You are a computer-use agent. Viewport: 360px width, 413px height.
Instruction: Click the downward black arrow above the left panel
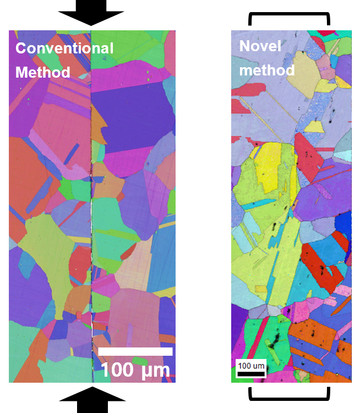(x=92, y=13)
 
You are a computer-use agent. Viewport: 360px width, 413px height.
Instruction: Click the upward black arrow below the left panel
(x=92, y=399)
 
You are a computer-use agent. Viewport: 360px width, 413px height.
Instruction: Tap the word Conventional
(x=64, y=48)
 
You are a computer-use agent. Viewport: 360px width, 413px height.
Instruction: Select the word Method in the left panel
(x=42, y=72)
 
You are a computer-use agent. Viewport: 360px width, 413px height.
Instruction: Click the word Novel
(x=260, y=46)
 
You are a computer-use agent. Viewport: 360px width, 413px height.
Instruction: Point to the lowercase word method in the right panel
(x=267, y=70)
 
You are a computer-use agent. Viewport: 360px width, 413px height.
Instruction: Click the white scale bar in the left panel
(x=135, y=351)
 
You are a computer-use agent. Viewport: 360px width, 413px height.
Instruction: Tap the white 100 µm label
(x=135, y=369)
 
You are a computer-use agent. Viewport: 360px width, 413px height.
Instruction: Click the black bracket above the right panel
(x=290, y=19)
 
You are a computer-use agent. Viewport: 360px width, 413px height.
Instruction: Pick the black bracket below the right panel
(x=290, y=394)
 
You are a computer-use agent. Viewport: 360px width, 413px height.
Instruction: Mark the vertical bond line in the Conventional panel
(x=91, y=220)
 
